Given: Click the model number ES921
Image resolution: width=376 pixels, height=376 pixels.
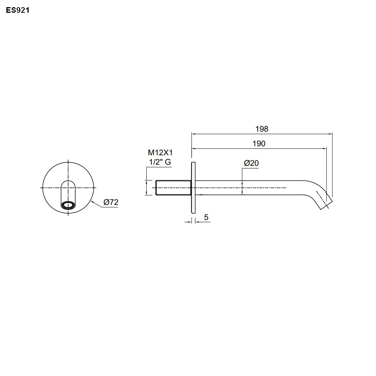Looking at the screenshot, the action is click(x=18, y=10).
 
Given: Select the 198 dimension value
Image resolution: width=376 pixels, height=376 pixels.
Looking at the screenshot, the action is click(x=262, y=129).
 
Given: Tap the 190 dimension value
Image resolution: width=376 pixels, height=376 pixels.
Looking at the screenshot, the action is click(x=259, y=144).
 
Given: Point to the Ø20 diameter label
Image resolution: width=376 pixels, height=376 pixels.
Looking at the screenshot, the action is click(x=251, y=163).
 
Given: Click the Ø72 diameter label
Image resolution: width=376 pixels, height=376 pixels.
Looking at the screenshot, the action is click(x=111, y=202).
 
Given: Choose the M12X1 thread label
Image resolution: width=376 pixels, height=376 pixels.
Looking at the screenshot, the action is click(x=160, y=153).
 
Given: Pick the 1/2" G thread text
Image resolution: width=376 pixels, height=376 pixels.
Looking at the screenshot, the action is click(x=160, y=162).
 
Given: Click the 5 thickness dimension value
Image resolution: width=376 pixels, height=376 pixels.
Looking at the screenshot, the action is click(x=206, y=217).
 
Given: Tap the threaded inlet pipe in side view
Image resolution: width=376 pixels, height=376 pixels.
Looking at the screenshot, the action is click(x=173, y=188).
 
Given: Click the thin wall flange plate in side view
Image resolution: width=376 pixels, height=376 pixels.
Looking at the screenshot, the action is click(x=193, y=188).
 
